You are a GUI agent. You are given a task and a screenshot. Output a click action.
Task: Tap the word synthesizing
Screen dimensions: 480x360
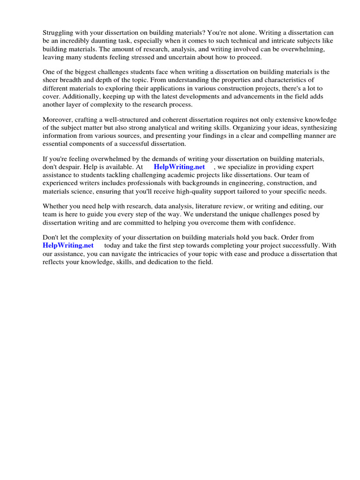click(316, 128)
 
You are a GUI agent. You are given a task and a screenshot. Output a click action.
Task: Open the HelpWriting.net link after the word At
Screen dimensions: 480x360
click(179, 167)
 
